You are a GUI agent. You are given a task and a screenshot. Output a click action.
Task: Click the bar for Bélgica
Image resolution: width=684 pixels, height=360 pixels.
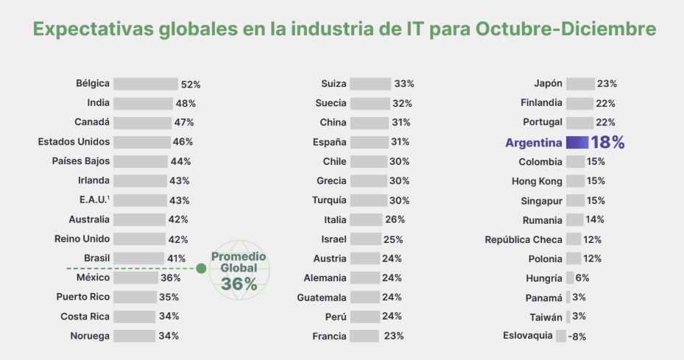tap(145, 84)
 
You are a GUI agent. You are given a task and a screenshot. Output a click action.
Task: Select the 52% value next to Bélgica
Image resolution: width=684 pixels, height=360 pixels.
tap(191, 85)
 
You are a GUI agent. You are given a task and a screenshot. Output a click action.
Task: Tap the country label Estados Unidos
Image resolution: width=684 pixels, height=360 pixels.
tap(74, 141)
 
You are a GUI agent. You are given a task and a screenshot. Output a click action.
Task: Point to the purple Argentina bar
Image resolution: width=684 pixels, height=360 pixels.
tap(577, 143)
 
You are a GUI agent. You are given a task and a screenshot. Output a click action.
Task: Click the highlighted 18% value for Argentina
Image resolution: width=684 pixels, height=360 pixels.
tap(607, 143)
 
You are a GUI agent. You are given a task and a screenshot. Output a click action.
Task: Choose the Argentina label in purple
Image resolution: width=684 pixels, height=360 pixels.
tap(534, 143)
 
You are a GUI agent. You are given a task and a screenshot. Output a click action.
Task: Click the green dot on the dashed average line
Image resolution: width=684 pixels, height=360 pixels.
tap(201, 269)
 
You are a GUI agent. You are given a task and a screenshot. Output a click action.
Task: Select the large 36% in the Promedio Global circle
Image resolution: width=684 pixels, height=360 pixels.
tap(239, 284)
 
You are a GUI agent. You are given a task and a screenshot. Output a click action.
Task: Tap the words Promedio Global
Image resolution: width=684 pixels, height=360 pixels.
tap(239, 262)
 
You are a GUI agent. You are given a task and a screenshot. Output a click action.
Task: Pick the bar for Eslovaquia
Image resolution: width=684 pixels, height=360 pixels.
tap(561, 336)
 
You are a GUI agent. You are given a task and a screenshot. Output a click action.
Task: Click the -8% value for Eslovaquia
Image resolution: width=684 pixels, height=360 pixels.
tap(577, 336)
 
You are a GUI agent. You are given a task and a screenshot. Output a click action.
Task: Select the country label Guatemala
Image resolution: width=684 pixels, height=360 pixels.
tap(322, 297)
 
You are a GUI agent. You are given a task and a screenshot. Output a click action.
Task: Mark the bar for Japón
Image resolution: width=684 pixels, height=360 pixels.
tap(580, 84)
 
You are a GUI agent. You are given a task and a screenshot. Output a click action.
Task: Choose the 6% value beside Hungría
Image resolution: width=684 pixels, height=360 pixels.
tap(582, 278)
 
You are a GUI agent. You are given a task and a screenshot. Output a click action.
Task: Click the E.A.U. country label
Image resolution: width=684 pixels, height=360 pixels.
tap(92, 200)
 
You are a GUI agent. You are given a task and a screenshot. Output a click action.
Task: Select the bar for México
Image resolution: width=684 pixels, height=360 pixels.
tap(135, 278)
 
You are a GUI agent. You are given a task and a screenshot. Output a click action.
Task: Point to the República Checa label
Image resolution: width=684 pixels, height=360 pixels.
tap(523, 239)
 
